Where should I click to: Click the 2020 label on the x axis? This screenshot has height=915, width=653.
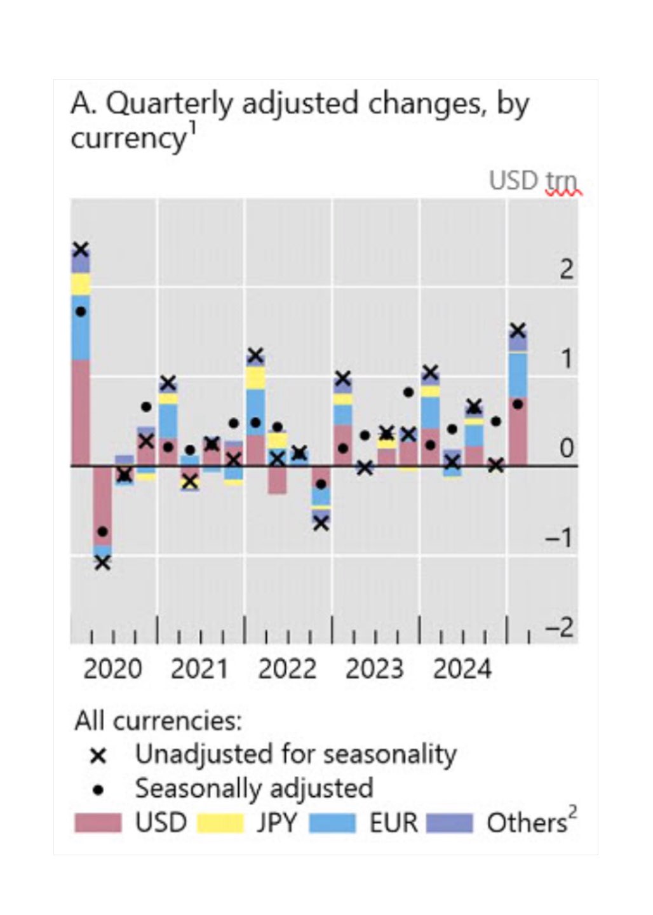tap(112, 669)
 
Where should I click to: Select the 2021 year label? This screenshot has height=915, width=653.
tap(199, 669)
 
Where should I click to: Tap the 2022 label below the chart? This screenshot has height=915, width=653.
tap(287, 669)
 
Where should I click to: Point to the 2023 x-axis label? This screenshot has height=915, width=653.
tap(374, 669)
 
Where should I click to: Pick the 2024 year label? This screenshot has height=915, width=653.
tap(462, 669)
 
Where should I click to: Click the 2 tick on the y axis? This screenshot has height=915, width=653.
tap(566, 270)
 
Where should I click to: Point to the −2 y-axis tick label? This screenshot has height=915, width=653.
tap(559, 628)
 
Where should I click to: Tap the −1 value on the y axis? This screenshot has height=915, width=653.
tap(559, 539)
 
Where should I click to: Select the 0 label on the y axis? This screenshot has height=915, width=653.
tap(566, 449)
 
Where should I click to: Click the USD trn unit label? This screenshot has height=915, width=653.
tap(532, 181)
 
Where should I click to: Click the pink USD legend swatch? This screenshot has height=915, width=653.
tap(97, 823)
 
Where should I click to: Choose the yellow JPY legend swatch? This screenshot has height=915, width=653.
tap(220, 823)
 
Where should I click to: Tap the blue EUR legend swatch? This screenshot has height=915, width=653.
tap(332, 823)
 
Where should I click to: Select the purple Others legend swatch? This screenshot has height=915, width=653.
tap(450, 823)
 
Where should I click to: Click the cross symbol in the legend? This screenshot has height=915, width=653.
tap(98, 756)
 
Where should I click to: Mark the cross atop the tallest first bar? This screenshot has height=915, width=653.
tap(81, 249)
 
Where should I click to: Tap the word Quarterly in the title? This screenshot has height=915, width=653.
tap(170, 104)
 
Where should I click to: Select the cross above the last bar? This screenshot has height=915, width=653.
tap(518, 330)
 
